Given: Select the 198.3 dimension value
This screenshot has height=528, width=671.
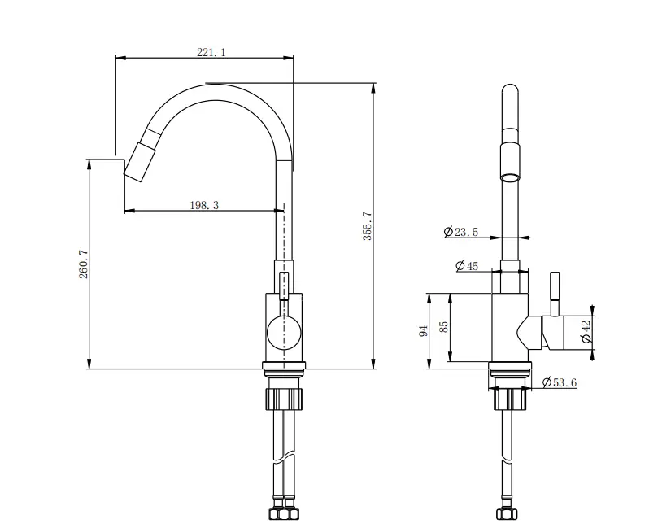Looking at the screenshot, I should point(204,206).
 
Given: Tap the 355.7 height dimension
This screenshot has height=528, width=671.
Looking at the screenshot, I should point(367,225).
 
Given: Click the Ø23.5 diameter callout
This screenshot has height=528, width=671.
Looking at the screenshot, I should point(461,233).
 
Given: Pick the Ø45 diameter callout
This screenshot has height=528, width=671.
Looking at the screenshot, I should point(467,265).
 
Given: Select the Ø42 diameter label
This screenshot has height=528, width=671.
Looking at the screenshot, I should point(585,330).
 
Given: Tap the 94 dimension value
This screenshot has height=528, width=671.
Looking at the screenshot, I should point(422,331).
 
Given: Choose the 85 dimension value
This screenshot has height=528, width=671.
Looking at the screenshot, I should point(443,326).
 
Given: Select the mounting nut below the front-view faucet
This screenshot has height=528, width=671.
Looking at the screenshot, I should point(284,399).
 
